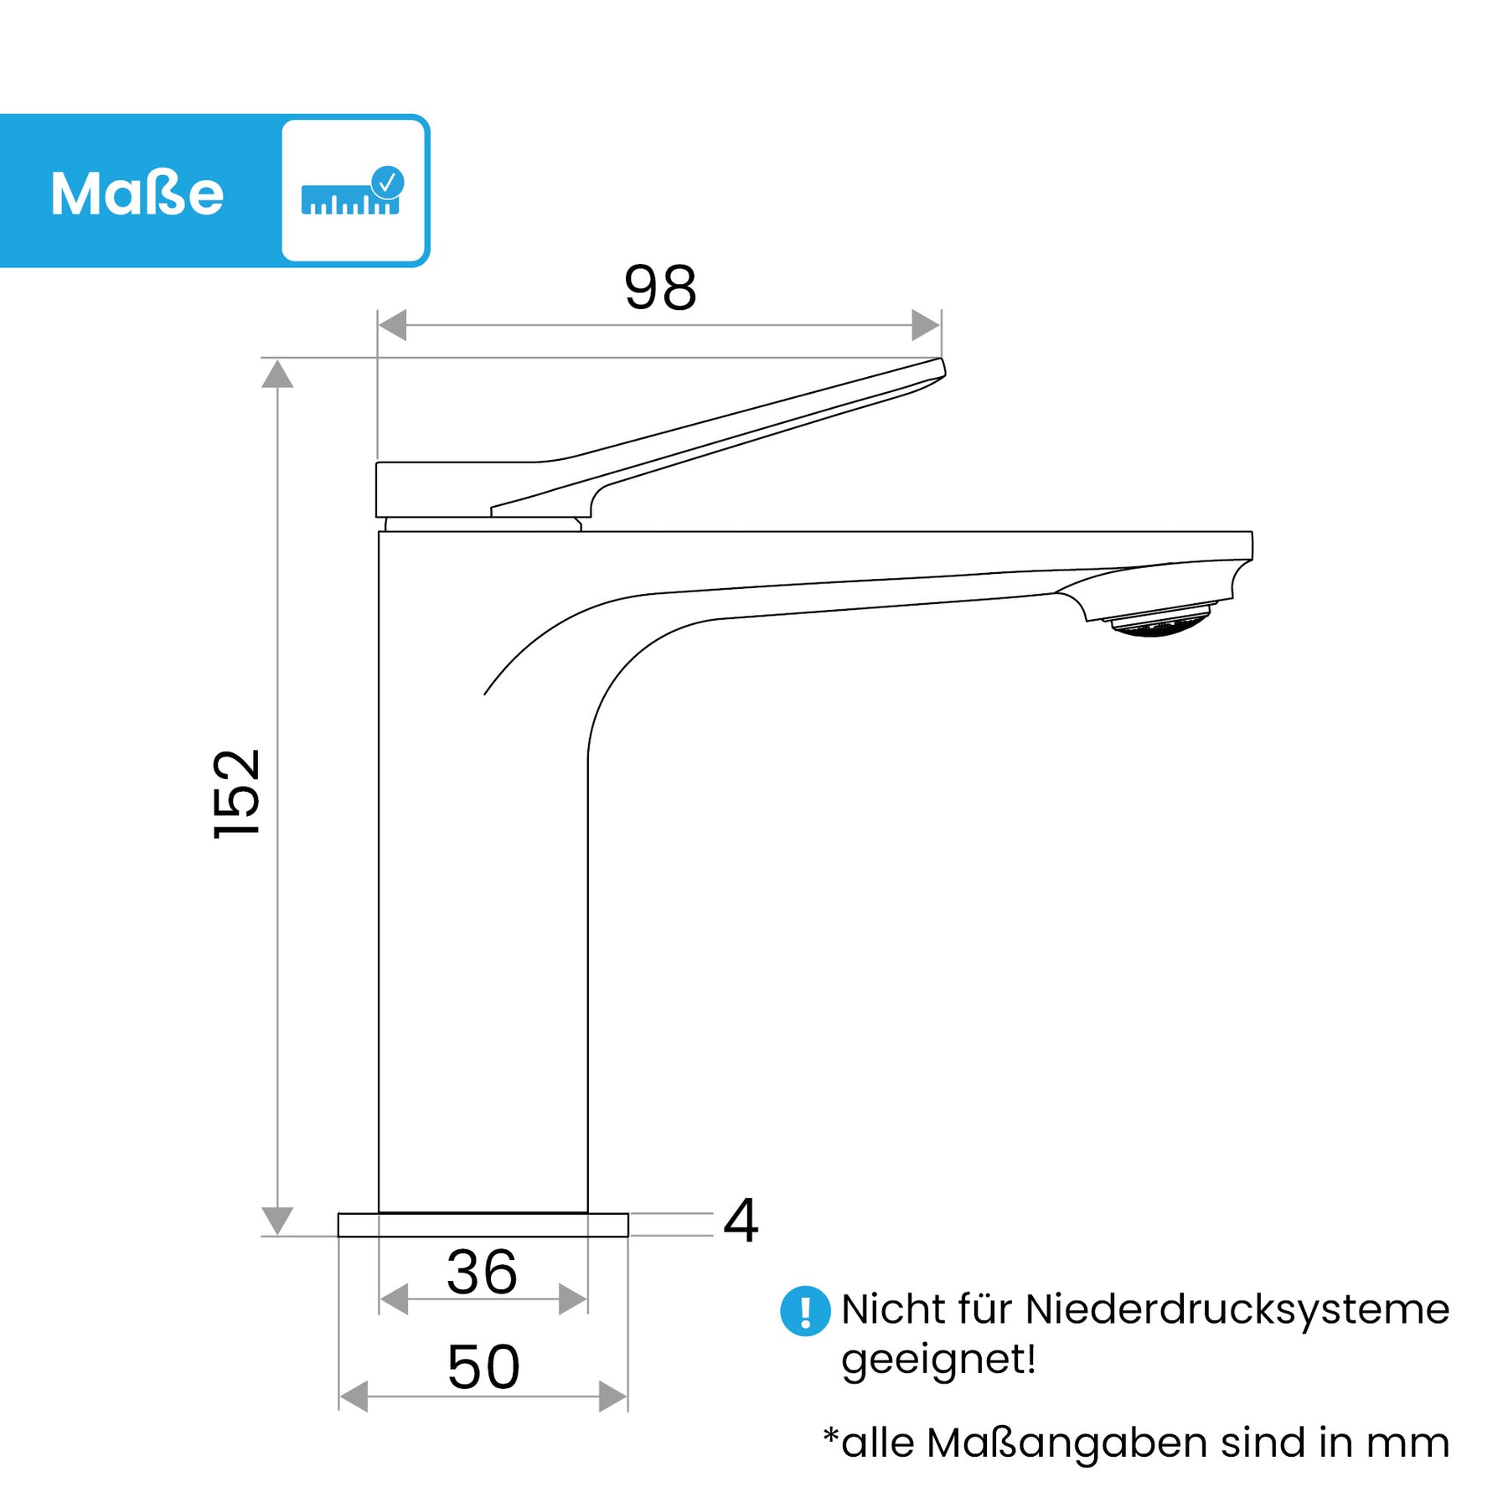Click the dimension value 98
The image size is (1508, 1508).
pos(660,287)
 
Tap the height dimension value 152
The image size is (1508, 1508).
pos(237,793)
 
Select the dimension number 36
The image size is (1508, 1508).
pos(482,1272)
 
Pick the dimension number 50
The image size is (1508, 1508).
pos(483,1366)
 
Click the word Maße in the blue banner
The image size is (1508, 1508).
pos(137,194)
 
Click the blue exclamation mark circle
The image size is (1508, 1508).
pos(805,1310)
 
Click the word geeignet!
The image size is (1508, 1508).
pos(938,1360)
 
